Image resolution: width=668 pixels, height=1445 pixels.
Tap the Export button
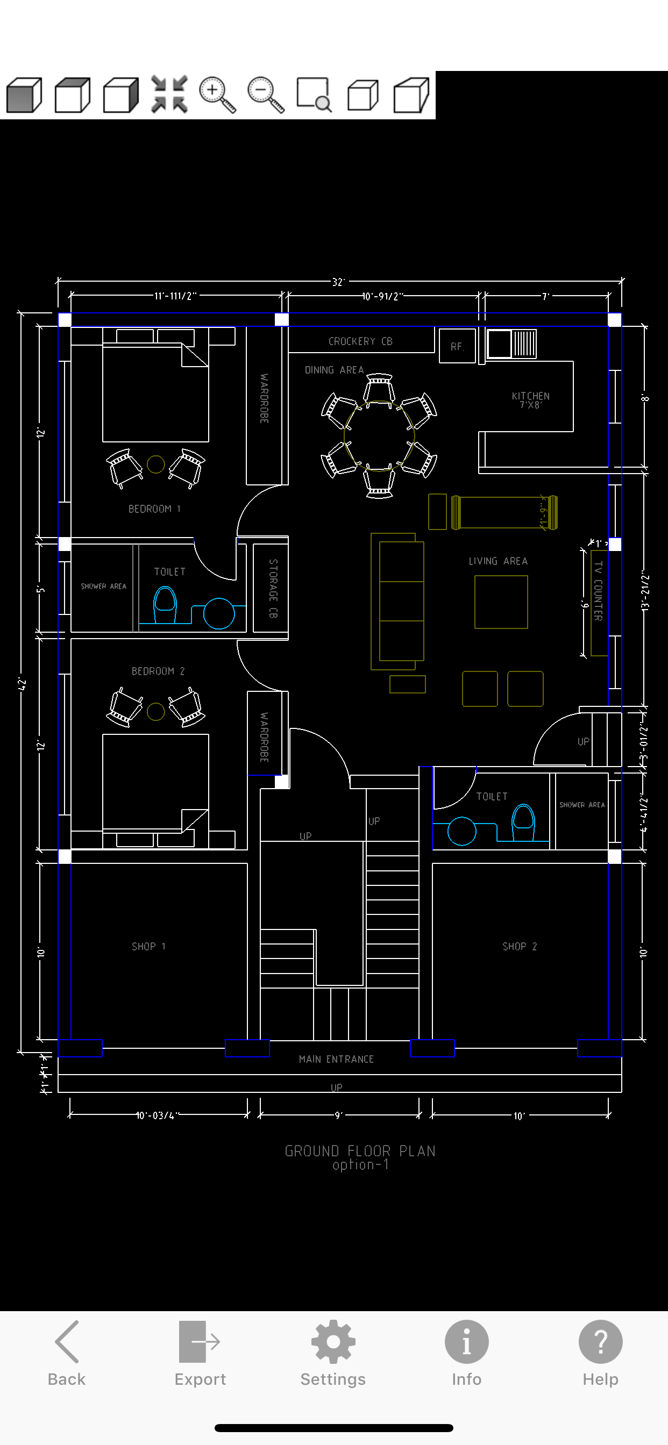(x=200, y=1352)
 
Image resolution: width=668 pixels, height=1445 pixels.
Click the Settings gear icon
(x=333, y=1352)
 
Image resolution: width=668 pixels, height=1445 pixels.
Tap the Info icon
(x=466, y=1352)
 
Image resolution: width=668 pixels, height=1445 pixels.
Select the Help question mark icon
(x=600, y=1352)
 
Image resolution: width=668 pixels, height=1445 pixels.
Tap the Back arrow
(x=66, y=1352)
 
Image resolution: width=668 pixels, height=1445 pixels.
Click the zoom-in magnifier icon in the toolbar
(x=217, y=94)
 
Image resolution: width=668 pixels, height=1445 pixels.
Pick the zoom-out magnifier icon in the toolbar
(x=266, y=94)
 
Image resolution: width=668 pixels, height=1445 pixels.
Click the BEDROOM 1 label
(x=154, y=509)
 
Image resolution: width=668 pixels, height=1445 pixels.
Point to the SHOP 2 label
(x=519, y=946)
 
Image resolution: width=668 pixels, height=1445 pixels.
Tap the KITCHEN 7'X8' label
(x=530, y=400)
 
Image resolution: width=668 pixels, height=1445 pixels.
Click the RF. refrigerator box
(x=457, y=347)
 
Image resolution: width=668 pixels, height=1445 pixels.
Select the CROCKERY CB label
(x=360, y=341)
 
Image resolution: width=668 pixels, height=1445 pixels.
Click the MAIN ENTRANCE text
(x=336, y=1059)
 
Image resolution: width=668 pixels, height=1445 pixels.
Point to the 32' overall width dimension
(x=338, y=282)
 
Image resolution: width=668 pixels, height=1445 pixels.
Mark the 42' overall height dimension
(x=22, y=683)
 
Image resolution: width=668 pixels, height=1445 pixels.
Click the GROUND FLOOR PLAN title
(x=360, y=1151)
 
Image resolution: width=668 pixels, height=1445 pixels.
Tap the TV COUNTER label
(x=599, y=591)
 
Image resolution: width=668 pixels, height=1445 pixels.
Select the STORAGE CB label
(x=273, y=588)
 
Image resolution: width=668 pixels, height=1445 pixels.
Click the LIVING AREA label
(x=498, y=561)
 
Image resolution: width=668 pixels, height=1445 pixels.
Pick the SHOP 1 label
(x=148, y=946)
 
